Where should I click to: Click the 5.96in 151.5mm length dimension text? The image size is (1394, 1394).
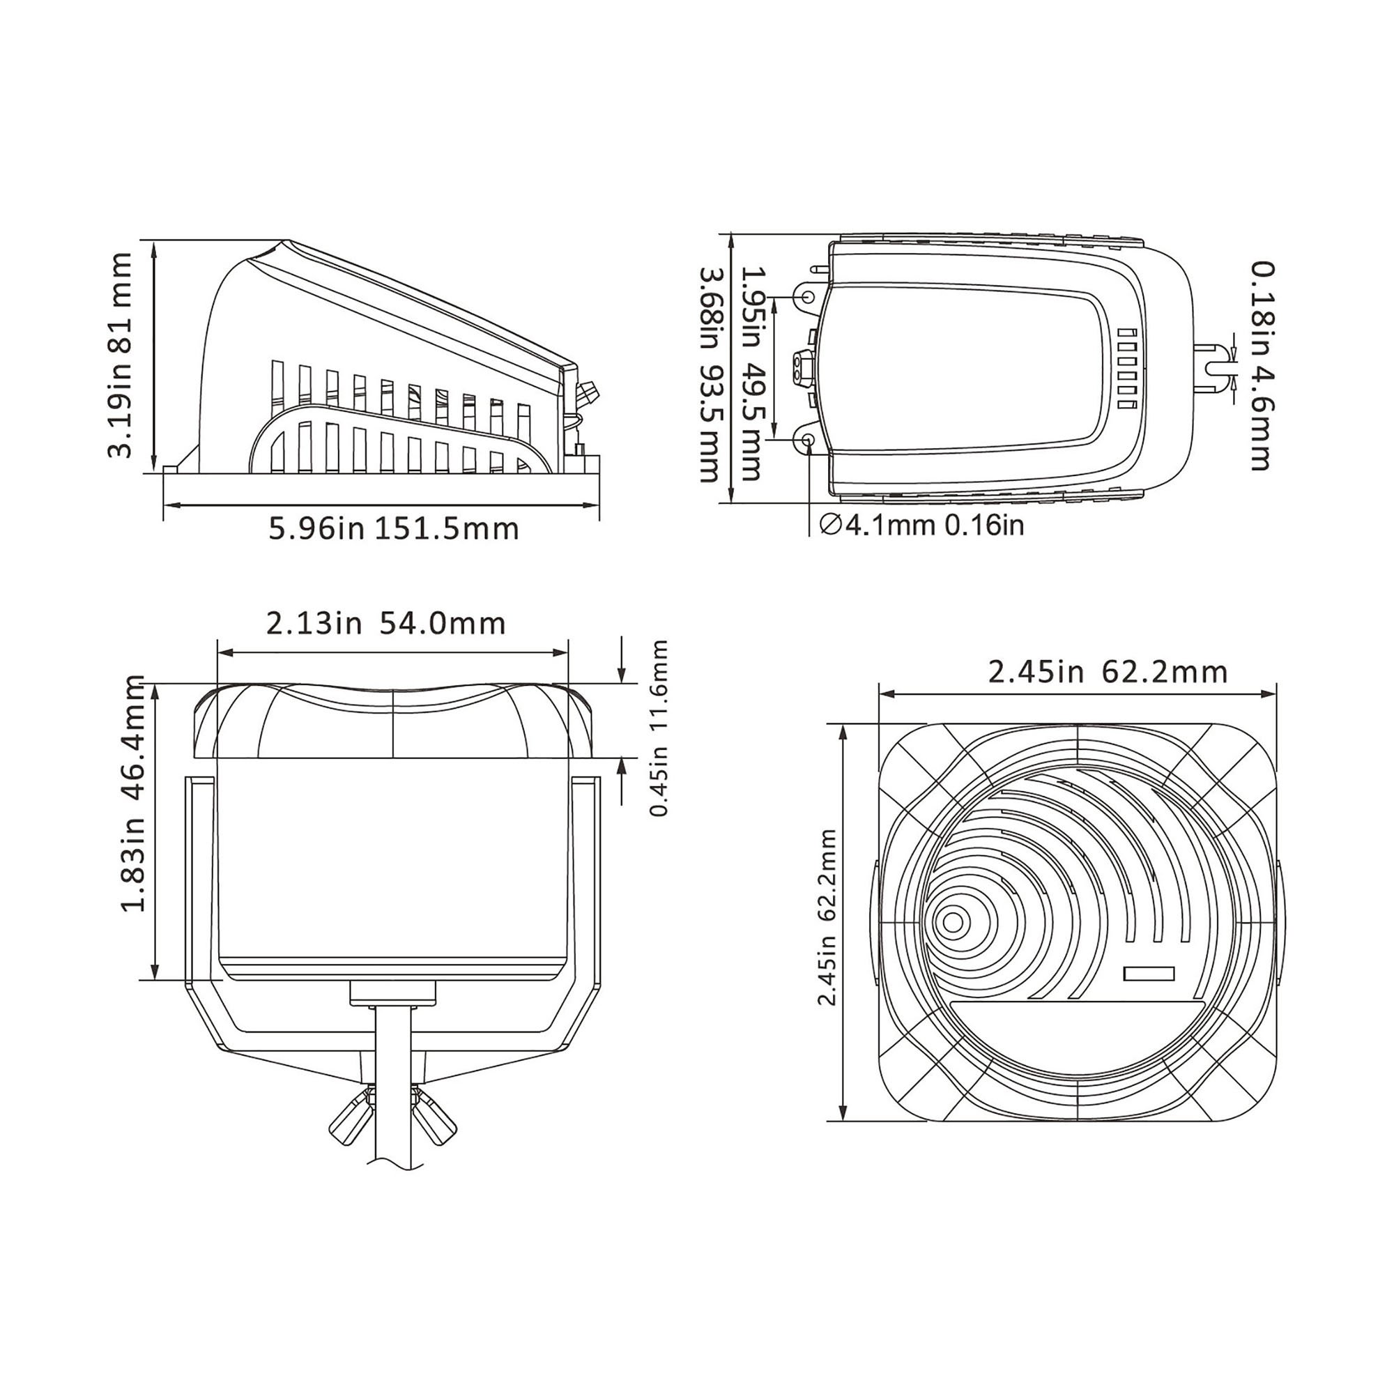(x=394, y=529)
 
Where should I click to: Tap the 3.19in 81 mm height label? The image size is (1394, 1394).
(x=120, y=355)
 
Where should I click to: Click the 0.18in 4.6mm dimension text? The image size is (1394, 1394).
(x=1262, y=366)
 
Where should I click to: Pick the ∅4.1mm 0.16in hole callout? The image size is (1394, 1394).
(x=922, y=526)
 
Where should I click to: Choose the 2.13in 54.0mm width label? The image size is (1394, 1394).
(x=386, y=624)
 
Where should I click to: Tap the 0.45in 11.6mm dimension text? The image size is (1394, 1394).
(x=659, y=729)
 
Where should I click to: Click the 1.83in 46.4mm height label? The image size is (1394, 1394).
(x=135, y=794)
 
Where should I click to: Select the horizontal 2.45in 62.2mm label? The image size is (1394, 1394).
(x=1108, y=673)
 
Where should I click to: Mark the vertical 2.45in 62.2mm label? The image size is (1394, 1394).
(x=827, y=917)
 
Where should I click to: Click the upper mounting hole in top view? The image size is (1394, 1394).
(x=807, y=298)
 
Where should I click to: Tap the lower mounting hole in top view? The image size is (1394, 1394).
(x=807, y=439)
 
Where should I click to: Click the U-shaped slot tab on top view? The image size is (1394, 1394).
(x=1214, y=369)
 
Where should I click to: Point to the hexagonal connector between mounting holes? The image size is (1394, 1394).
(x=802, y=368)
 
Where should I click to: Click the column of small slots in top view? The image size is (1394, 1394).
(x=1127, y=369)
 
